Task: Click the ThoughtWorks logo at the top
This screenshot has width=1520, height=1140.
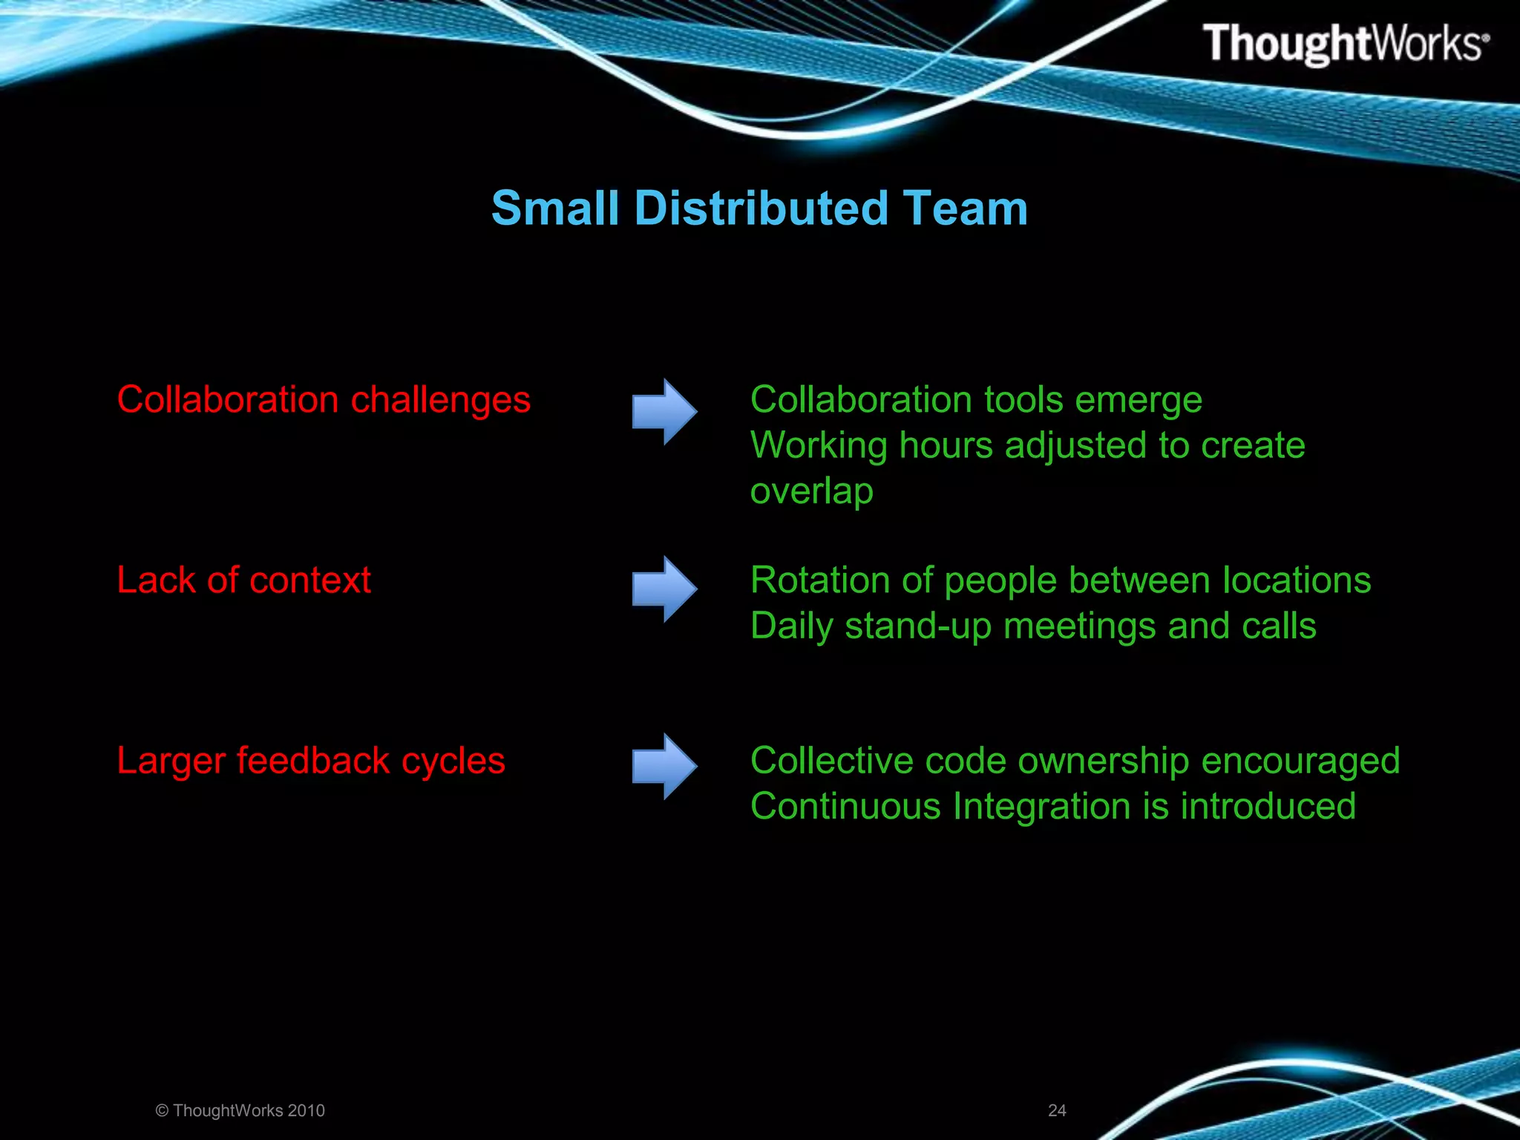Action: click(x=1345, y=44)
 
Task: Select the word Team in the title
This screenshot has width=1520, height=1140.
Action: click(x=965, y=208)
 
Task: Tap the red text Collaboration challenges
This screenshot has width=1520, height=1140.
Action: click(x=324, y=400)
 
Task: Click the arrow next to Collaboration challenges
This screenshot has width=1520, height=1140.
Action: click(x=664, y=411)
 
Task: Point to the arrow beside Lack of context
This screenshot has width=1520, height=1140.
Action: click(x=664, y=589)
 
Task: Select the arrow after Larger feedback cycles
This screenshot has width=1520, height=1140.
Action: click(x=664, y=766)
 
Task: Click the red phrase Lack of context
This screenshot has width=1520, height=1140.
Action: click(x=243, y=580)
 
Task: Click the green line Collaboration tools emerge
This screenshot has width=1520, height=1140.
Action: click(x=976, y=400)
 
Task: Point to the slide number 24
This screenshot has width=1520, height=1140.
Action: click(x=1057, y=1110)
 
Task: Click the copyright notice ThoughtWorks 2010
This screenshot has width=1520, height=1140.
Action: click(x=240, y=1110)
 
